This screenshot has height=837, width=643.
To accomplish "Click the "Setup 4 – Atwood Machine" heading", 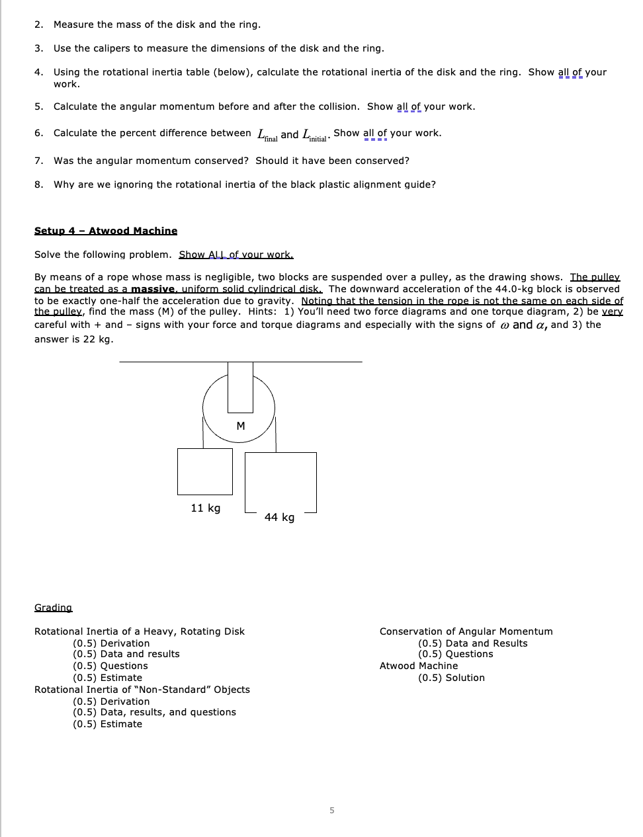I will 106,231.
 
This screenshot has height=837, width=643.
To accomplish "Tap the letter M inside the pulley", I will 241,426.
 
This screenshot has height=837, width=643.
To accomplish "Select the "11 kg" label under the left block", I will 205,508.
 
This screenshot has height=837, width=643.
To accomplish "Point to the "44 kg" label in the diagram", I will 279,517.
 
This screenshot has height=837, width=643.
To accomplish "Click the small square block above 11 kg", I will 205,471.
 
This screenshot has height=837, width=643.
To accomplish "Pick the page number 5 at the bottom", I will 332,810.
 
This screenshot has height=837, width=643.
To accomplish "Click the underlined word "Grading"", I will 53,608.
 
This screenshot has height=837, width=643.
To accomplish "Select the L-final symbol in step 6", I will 267,135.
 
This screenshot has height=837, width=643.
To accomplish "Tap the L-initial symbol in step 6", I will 315,135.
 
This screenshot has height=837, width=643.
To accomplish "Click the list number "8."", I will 39,184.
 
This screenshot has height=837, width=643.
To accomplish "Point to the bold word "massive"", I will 153,289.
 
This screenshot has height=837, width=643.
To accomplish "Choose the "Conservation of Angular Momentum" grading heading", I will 466,631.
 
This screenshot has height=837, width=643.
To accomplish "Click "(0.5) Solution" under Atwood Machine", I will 451,678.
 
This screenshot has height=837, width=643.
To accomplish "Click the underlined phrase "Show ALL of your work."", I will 236,255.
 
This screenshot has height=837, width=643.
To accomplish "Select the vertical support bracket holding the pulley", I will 240,387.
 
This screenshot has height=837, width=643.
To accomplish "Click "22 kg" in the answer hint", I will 98,339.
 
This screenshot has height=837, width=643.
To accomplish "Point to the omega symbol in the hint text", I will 505,325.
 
